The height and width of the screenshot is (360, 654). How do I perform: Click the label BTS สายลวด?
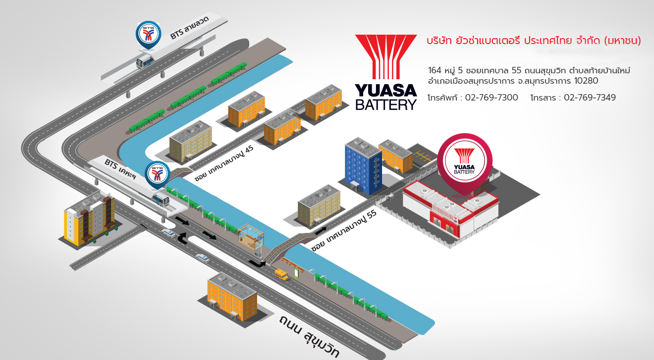tap(189, 28)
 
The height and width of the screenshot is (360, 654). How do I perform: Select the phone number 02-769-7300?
tap(489, 98)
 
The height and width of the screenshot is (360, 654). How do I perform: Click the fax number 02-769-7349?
tap(590, 98)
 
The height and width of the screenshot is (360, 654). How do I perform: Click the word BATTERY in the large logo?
tap(386, 104)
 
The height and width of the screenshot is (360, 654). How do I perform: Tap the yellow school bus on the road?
tap(281, 274)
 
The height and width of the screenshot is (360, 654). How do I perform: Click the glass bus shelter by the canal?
tap(251, 240)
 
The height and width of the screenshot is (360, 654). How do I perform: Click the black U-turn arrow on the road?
tap(183, 237)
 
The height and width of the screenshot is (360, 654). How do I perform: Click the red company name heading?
tap(534, 41)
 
